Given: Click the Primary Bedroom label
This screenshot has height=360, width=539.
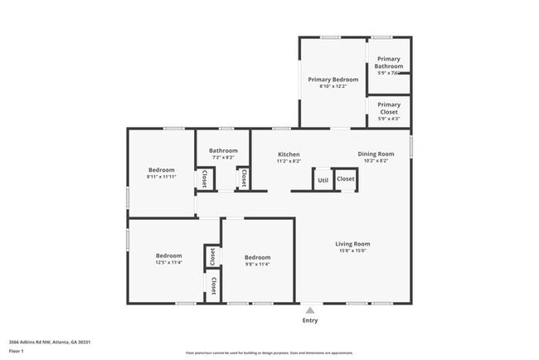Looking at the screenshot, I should pos(333,80).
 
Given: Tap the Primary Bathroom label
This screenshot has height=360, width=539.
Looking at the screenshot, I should pos(389,62).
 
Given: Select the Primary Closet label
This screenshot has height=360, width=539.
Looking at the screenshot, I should pos(389,108).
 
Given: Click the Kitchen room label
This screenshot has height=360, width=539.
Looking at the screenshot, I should pos(289,154).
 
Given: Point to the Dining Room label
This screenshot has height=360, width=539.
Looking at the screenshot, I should pos(376,153).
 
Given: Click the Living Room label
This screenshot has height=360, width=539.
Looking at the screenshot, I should pos(352,244).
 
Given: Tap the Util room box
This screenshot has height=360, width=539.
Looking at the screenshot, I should pos(323,179).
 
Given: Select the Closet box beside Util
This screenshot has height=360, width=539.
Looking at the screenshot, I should pos(346,179).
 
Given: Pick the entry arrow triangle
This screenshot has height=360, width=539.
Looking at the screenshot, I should pos(310,310).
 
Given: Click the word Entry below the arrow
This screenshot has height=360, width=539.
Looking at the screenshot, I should pos(310,320).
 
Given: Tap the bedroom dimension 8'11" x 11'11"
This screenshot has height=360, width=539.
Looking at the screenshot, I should pos(161,176).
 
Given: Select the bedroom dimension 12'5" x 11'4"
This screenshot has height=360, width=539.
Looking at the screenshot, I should pos(168,263).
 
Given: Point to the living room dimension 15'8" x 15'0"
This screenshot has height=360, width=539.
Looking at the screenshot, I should pos(352,251).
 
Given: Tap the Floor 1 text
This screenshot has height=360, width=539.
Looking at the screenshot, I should pos(17,352).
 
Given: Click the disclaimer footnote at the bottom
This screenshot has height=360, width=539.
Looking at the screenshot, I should pos(269,352).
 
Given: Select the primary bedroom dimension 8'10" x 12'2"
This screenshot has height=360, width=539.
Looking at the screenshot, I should pos(333,86).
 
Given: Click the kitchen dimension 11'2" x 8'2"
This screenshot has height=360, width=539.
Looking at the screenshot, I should pos(289,161).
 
